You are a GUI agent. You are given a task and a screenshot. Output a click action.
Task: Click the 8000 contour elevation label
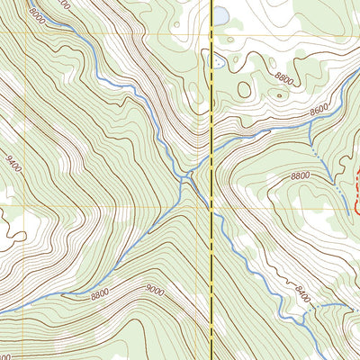point(36,14)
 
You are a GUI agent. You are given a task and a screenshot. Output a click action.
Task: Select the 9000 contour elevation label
point(156,290)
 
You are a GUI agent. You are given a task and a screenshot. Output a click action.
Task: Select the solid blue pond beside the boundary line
point(220,14)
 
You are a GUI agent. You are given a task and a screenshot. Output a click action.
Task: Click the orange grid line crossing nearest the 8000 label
point(27,34)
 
